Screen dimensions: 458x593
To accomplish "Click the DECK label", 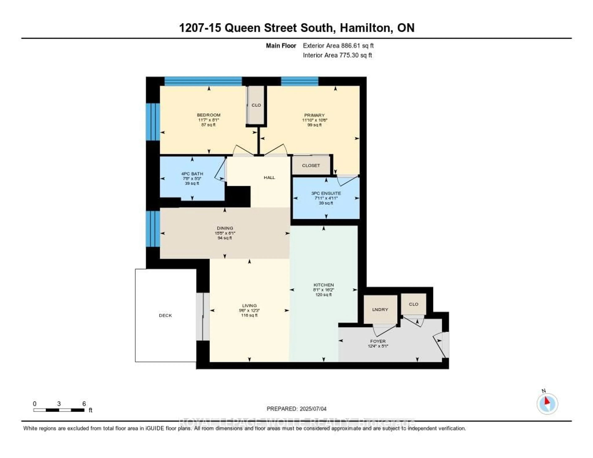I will [x=165, y=315].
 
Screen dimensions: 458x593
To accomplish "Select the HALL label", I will [x=269, y=178].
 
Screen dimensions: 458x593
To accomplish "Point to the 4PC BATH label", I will [x=192, y=174].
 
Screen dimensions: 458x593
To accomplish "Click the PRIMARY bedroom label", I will [x=314, y=115].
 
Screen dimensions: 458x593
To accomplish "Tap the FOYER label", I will [x=378, y=341].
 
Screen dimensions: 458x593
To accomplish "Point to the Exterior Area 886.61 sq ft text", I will [x=338, y=46].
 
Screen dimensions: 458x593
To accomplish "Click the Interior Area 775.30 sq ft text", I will [x=337, y=55].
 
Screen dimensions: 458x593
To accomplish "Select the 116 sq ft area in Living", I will [x=249, y=315].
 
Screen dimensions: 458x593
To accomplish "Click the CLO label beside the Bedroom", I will [x=256, y=105].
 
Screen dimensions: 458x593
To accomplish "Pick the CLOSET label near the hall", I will [x=311, y=165].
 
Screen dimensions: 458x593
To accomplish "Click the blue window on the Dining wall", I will [x=153, y=229].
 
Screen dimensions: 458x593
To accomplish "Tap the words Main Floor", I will [x=281, y=46].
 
